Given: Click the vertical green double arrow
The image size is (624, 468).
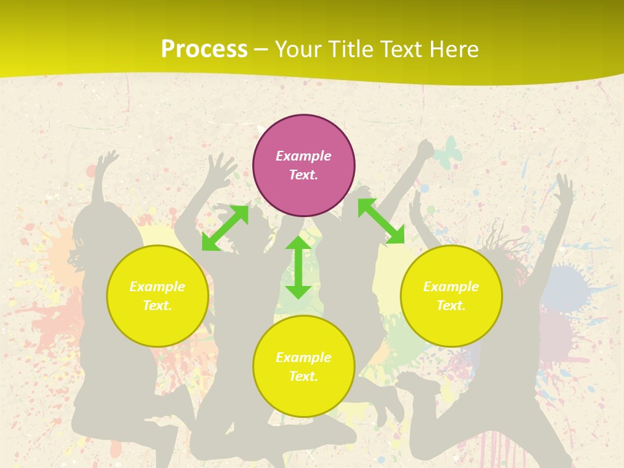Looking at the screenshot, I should point(298,267).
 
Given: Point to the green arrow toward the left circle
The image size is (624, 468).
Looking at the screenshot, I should point(225,228).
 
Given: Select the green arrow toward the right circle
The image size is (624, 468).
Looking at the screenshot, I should point(381,221).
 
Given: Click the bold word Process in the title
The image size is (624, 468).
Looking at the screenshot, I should point(204,49).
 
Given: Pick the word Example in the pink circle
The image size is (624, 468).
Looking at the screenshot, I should point(304,156).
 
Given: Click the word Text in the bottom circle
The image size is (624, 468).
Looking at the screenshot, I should point(302,376).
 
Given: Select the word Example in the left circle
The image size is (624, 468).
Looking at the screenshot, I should point(157,287).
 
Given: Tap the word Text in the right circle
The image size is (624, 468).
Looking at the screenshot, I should point(450,305).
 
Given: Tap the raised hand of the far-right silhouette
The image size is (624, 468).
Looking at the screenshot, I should point(564,185).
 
